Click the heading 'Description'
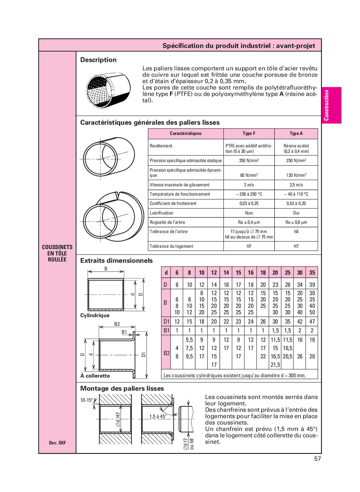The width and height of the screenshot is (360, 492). tap(98, 60)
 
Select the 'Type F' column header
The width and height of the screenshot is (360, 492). tap(249, 134)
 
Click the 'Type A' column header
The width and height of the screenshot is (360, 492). tap(296, 134)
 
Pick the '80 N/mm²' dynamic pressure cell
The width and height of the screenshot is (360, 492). tap(249, 175)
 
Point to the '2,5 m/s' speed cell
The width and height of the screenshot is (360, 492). tap(296, 185)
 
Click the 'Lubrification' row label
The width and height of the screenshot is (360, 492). tap(161, 213)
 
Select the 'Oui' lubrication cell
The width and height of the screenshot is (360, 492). tap(296, 213)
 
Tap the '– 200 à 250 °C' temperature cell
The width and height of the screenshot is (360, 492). tap(249, 194)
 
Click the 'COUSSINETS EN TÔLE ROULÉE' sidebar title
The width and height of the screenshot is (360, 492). tap(57, 254)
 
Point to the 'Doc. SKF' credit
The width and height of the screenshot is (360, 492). tap(57, 443)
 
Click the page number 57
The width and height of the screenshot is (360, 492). tap(317, 459)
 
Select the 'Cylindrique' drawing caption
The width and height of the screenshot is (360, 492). tap(95, 316)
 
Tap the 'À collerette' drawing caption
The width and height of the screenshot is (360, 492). tap(95, 376)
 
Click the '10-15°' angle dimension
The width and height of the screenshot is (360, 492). tap(86, 400)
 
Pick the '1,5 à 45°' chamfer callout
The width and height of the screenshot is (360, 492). tap(158, 417)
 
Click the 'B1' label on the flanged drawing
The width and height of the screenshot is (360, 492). tap(124, 332)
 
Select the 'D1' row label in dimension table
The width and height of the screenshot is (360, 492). tap(166, 322)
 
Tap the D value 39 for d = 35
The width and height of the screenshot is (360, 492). tap(312, 285)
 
